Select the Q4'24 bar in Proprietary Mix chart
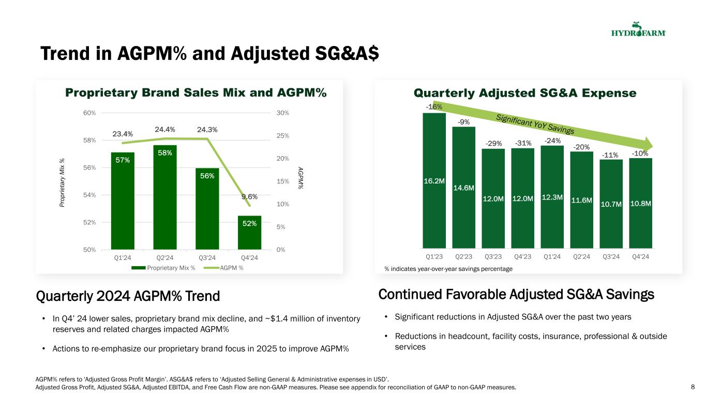249,233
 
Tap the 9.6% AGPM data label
249,196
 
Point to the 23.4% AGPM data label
123,134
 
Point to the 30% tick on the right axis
282,113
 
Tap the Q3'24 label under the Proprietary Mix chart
207,257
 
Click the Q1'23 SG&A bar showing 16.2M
434,181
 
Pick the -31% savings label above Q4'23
522,143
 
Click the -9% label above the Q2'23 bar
463,122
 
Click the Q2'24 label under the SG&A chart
581,256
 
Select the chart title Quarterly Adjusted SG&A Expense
524,93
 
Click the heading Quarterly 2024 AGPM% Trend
128,296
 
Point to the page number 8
693,387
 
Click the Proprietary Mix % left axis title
62,181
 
